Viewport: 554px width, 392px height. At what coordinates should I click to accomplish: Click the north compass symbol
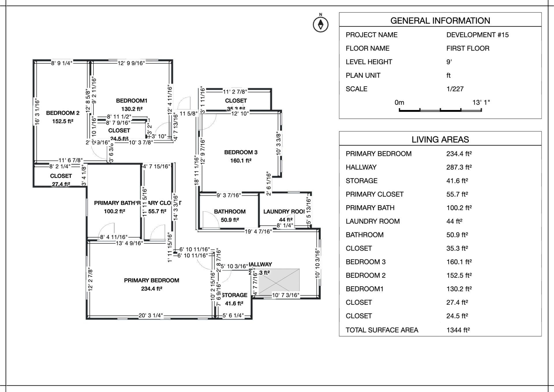pyautogui.click(x=321, y=24)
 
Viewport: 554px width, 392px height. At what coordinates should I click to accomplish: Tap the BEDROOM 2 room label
pyautogui.click(x=63, y=113)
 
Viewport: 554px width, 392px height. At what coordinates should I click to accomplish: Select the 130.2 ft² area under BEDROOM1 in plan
pyautogui.click(x=132, y=109)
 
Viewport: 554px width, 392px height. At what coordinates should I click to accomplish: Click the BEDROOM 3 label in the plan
pyautogui.click(x=241, y=152)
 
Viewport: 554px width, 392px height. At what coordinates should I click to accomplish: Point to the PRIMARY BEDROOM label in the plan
pyautogui.click(x=151, y=281)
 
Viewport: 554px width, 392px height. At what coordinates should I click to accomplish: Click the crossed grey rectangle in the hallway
pyautogui.click(x=279, y=281)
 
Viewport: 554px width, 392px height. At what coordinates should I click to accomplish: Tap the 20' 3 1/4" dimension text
pyautogui.click(x=151, y=316)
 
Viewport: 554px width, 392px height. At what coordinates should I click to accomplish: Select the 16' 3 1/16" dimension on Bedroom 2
pyautogui.click(x=37, y=112)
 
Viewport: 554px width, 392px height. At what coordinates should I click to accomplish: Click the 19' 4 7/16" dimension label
pyautogui.click(x=258, y=232)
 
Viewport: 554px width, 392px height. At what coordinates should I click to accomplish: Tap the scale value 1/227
pyautogui.click(x=455, y=89)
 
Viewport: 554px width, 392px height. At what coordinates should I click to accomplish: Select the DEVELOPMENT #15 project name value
pyautogui.click(x=477, y=35)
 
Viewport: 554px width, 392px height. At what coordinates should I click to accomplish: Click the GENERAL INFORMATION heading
pyautogui.click(x=440, y=21)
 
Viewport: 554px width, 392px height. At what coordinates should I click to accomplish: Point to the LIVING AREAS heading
pyautogui.click(x=440, y=140)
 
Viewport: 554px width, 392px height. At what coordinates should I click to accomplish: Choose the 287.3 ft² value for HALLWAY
pyautogui.click(x=459, y=167)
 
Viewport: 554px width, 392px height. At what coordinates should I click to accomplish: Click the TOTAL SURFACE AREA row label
pyautogui.click(x=382, y=330)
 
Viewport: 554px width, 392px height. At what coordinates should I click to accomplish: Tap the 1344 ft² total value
pyautogui.click(x=458, y=330)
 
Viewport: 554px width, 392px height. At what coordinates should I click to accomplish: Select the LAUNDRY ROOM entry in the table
pyautogui.click(x=373, y=221)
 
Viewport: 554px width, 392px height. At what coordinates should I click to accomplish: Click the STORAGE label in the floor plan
pyautogui.click(x=235, y=295)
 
